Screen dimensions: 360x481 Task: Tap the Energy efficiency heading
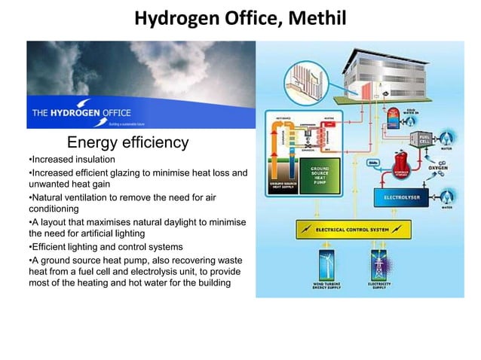click(127, 142)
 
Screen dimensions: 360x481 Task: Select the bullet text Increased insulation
click(72, 160)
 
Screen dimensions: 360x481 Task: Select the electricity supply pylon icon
click(378, 267)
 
